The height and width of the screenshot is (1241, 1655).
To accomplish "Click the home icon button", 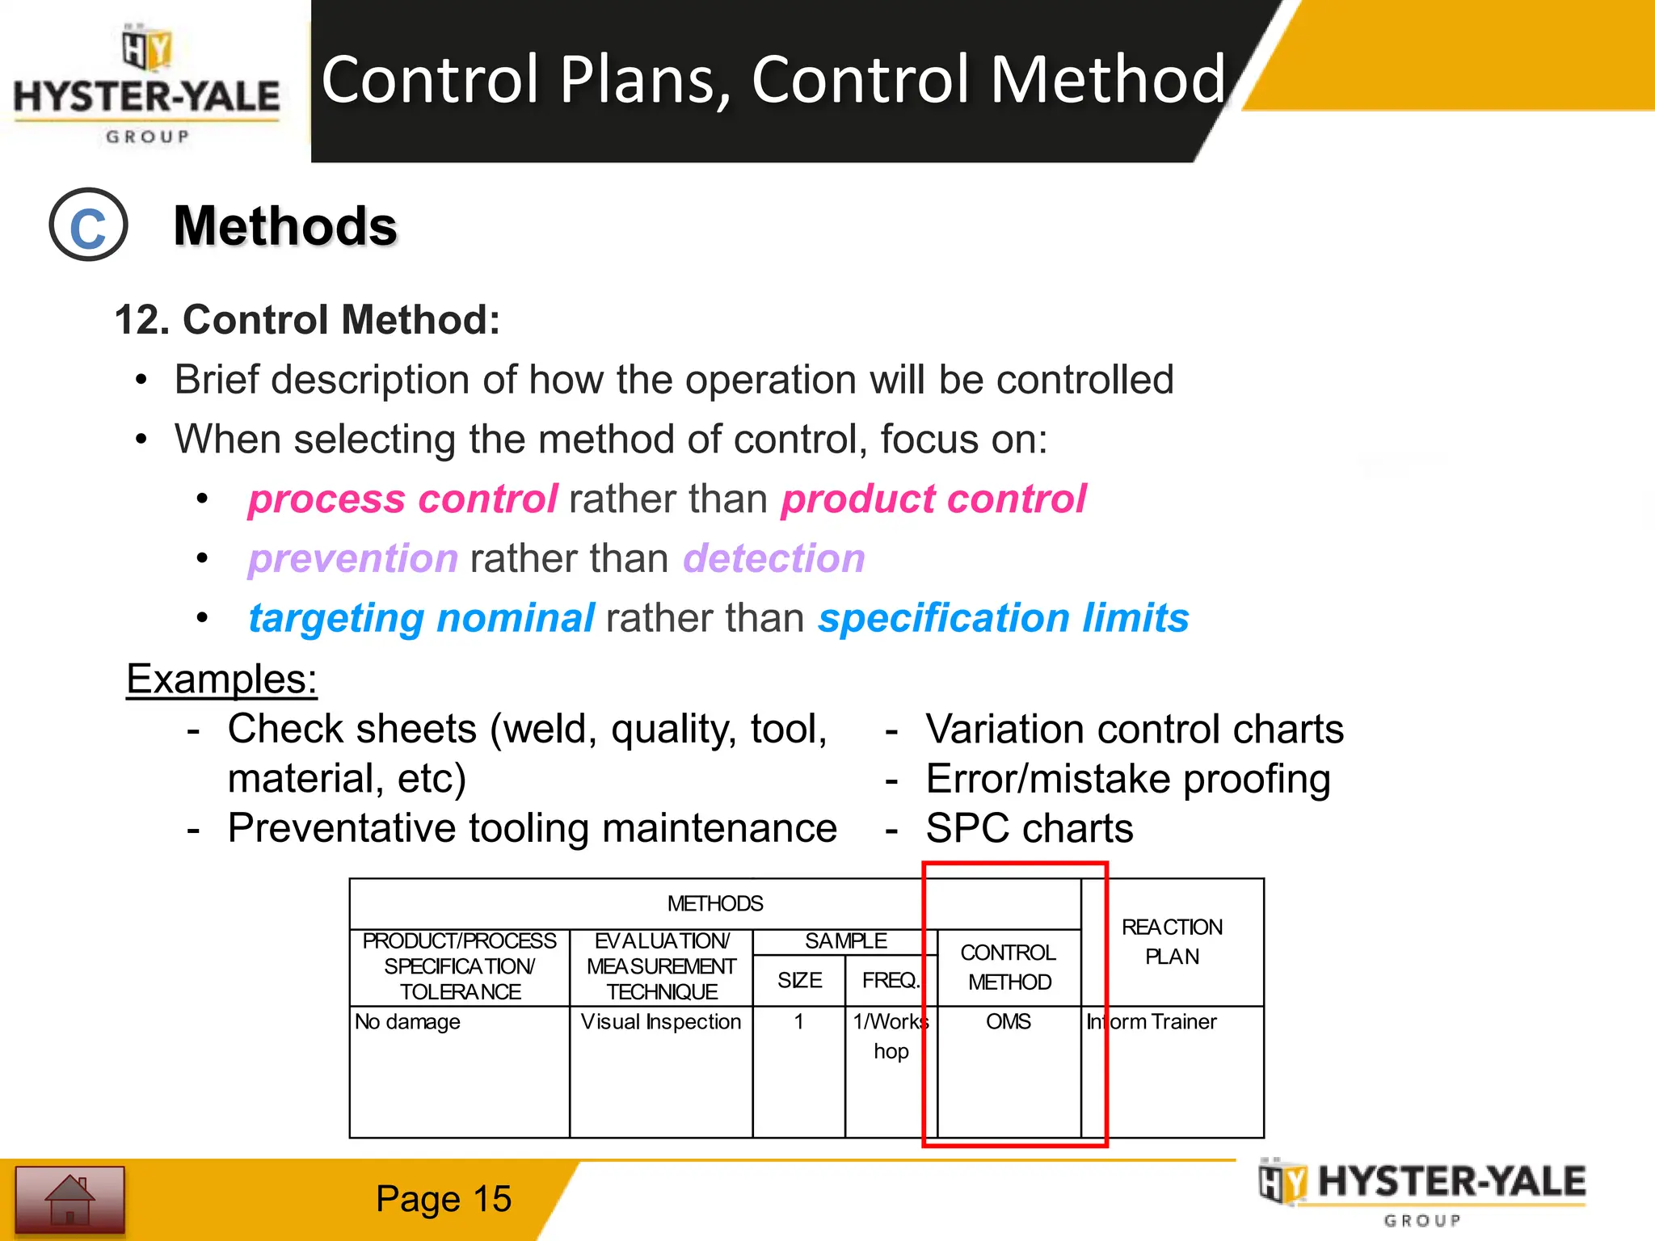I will [x=69, y=1200].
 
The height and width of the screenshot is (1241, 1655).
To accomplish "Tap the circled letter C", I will [x=88, y=225].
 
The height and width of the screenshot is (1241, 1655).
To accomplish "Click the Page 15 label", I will [x=443, y=1199].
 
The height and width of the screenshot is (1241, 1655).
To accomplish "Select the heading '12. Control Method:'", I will [x=307, y=320].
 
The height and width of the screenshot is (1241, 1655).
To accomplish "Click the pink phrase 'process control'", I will [x=402, y=499].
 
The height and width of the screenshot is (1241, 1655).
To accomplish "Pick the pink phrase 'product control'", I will [x=933, y=499].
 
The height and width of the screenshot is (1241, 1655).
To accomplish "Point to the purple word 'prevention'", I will [x=353, y=559].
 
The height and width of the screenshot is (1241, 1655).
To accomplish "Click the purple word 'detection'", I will [x=773, y=559].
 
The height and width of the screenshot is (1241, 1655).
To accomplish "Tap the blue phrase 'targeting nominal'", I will [x=421, y=619].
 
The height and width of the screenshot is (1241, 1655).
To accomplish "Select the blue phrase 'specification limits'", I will [x=1003, y=619].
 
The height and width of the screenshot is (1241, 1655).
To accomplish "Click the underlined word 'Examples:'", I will [x=221, y=679].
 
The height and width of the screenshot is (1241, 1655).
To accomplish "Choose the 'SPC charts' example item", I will [x=1029, y=829].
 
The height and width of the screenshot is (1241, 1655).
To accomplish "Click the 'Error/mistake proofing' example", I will [x=1127, y=780].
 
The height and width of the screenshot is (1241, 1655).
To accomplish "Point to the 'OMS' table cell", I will [x=1008, y=1022].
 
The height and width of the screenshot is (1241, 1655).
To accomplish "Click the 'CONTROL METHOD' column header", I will [x=1009, y=967].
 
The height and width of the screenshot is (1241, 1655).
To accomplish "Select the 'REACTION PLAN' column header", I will [x=1172, y=942].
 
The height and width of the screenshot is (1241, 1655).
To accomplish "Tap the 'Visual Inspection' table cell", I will [x=660, y=1022].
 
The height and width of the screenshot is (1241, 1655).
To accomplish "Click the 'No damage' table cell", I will [x=407, y=1022].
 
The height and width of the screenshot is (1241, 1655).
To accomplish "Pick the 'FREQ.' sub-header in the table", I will [x=890, y=981].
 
